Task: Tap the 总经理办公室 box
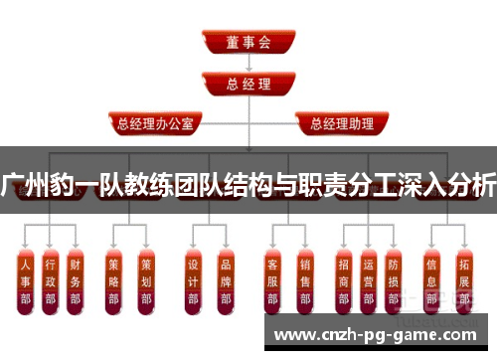point(157,124)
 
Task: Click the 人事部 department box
point(25,282)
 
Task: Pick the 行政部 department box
point(50,282)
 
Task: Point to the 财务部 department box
point(75,282)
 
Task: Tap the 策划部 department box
point(145,282)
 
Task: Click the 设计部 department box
point(193,282)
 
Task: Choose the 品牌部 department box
point(225,282)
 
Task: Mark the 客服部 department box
point(272,282)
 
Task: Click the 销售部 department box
point(304,282)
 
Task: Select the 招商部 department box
point(344,282)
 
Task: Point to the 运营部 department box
point(368,282)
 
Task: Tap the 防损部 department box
point(394,282)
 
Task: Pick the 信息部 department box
point(430,282)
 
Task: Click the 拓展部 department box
point(463,282)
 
